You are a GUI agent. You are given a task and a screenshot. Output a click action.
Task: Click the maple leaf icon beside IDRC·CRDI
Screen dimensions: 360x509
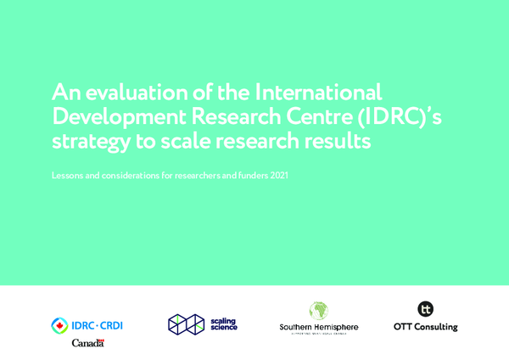(60, 324)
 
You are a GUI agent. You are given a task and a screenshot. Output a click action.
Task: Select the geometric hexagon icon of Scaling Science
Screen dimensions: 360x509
(186, 324)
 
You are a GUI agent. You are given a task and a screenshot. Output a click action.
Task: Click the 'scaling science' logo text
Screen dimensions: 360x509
(224, 324)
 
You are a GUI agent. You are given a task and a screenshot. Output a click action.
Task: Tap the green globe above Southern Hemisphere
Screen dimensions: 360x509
(318, 311)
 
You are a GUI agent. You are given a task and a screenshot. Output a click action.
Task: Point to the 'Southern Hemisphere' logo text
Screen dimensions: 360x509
(318, 327)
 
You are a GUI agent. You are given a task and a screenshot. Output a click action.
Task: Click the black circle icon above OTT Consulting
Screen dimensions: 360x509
(426, 310)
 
